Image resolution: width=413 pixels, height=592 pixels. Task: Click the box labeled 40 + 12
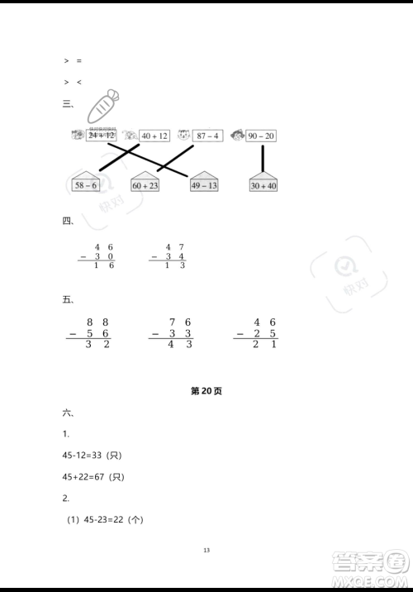pos(154,136)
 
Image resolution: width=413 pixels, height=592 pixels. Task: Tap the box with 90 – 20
pos(261,136)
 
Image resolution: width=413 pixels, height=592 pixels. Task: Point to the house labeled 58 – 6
pos(86,184)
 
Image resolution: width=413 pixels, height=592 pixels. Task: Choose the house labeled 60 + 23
pos(144,184)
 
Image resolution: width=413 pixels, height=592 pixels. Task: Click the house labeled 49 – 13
pos(204,184)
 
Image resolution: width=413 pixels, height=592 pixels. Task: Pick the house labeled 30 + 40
pos(263,184)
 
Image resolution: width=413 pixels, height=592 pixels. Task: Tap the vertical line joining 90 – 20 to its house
pos(263,158)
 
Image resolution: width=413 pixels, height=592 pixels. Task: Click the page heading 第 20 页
pos(206,391)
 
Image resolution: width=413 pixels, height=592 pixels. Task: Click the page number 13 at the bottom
pos(206,551)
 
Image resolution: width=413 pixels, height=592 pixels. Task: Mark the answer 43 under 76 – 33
pos(180,345)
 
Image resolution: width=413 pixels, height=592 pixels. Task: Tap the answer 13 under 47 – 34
pos(174,265)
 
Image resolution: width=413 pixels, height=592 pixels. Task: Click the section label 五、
pos(68,299)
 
